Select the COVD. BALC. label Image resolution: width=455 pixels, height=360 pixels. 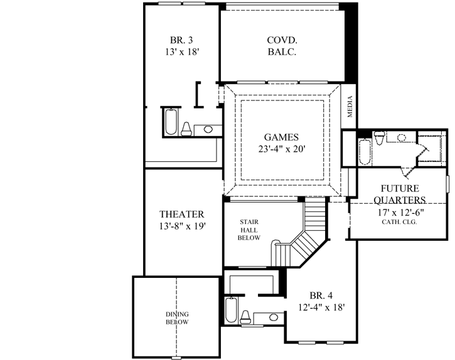click(282, 46)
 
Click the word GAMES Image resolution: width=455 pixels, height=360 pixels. click(281, 137)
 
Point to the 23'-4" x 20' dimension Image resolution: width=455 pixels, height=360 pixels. click(281, 150)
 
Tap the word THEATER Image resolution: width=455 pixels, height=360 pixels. click(181, 214)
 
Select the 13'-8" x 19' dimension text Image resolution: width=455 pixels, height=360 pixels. click(181, 226)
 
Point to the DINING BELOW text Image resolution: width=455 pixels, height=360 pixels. click(177, 318)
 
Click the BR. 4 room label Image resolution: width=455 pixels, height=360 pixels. click(321, 295)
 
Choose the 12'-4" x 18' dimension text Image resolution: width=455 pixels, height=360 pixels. click(321, 307)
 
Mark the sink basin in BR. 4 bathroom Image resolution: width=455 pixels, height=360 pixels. click(268, 317)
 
